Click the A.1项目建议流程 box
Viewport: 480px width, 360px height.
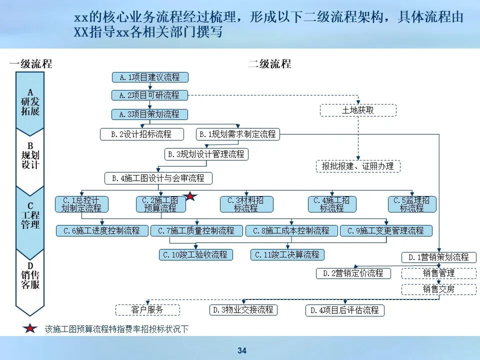pyautogui.click(x=149, y=77)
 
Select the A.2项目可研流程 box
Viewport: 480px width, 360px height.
pyautogui.click(x=149, y=95)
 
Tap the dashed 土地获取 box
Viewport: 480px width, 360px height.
pyautogui.click(x=358, y=110)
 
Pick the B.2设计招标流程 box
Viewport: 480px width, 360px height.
pyautogui.click(x=141, y=134)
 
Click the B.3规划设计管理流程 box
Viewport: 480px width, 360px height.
pyautogui.click(x=206, y=154)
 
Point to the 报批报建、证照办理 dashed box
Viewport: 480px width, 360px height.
pyautogui.click(x=358, y=166)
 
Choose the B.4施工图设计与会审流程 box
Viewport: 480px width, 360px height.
pyautogui.click(x=158, y=178)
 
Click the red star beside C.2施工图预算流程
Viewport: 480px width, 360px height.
pyautogui.click(x=190, y=197)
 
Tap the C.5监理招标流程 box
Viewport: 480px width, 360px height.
pyautogui.click(x=412, y=204)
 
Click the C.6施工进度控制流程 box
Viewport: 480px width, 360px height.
pyautogui.click(x=102, y=231)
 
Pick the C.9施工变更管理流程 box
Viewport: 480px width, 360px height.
pyautogui.click(x=386, y=231)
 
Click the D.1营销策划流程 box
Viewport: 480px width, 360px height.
pyautogui.click(x=438, y=257)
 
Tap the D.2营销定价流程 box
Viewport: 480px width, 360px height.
pyautogui.click(x=353, y=273)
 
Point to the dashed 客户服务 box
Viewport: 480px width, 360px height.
pyautogui.click(x=147, y=310)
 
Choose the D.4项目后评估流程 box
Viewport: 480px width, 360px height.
pyautogui.click(x=345, y=310)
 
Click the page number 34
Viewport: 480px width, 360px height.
pyautogui.click(x=242, y=351)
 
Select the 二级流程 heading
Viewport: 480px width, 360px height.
pyautogui.click(x=270, y=64)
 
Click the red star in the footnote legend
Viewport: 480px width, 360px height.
pyautogui.click(x=30, y=329)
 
